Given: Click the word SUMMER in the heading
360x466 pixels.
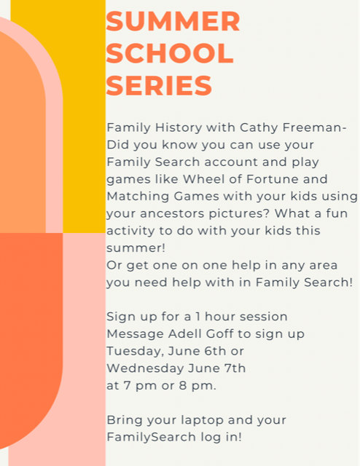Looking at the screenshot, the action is [x=173, y=21].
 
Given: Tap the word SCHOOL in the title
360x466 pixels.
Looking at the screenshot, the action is [x=170, y=53].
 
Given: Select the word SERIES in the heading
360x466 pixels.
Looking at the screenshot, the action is [x=159, y=85].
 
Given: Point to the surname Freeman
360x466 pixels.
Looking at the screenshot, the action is [x=315, y=127].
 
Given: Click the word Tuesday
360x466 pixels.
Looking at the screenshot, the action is [x=136, y=352].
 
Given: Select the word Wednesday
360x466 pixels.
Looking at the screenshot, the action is [x=145, y=369].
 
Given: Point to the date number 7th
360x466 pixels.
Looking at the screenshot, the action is [x=235, y=368].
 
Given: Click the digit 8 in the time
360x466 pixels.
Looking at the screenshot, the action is [x=183, y=385].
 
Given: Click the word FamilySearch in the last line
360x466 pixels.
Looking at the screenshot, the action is [x=151, y=438].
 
